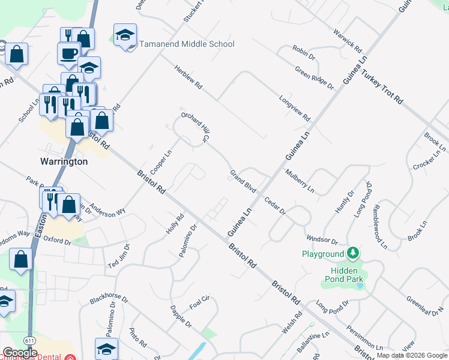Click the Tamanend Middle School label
(187, 44)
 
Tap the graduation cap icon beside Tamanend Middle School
(125, 35)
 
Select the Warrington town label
(64, 161)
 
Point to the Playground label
(323, 254)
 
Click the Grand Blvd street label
(243, 182)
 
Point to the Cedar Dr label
(274, 206)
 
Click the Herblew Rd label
(189, 79)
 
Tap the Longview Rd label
(294, 108)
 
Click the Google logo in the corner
(19, 353)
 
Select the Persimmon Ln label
(364, 338)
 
